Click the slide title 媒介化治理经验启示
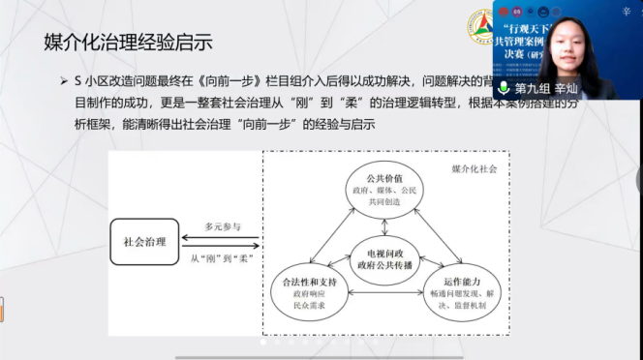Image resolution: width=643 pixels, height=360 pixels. point(128,42)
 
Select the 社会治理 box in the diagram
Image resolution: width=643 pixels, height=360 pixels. point(145,241)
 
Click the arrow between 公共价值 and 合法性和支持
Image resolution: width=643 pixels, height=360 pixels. point(335,233)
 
